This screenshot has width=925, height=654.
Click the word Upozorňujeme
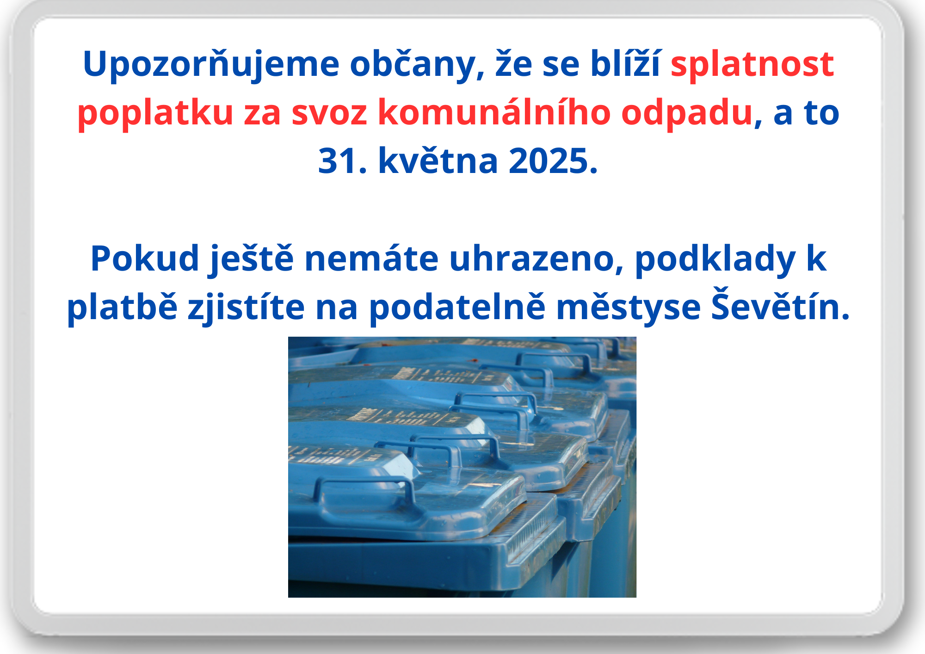point(211,65)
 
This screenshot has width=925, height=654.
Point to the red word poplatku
point(155,113)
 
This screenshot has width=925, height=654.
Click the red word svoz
point(329,113)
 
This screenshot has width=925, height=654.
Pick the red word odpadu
point(687,113)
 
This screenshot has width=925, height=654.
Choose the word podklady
point(715,259)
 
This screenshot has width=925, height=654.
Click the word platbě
point(122,308)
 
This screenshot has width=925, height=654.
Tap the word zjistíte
point(246,308)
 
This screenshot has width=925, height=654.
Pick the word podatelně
point(457,308)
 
